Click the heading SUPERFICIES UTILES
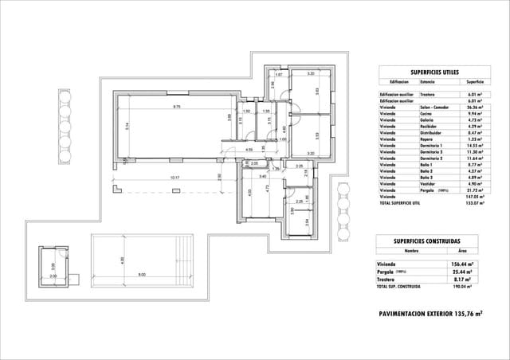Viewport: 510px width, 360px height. (x=431, y=70)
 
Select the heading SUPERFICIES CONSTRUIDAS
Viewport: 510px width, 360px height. (x=431, y=240)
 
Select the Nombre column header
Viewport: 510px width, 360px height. (x=411, y=250)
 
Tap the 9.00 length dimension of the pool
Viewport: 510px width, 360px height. (x=141, y=275)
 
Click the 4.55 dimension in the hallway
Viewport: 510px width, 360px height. (x=249, y=150)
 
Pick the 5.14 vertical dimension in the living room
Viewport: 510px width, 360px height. (x=125, y=125)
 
